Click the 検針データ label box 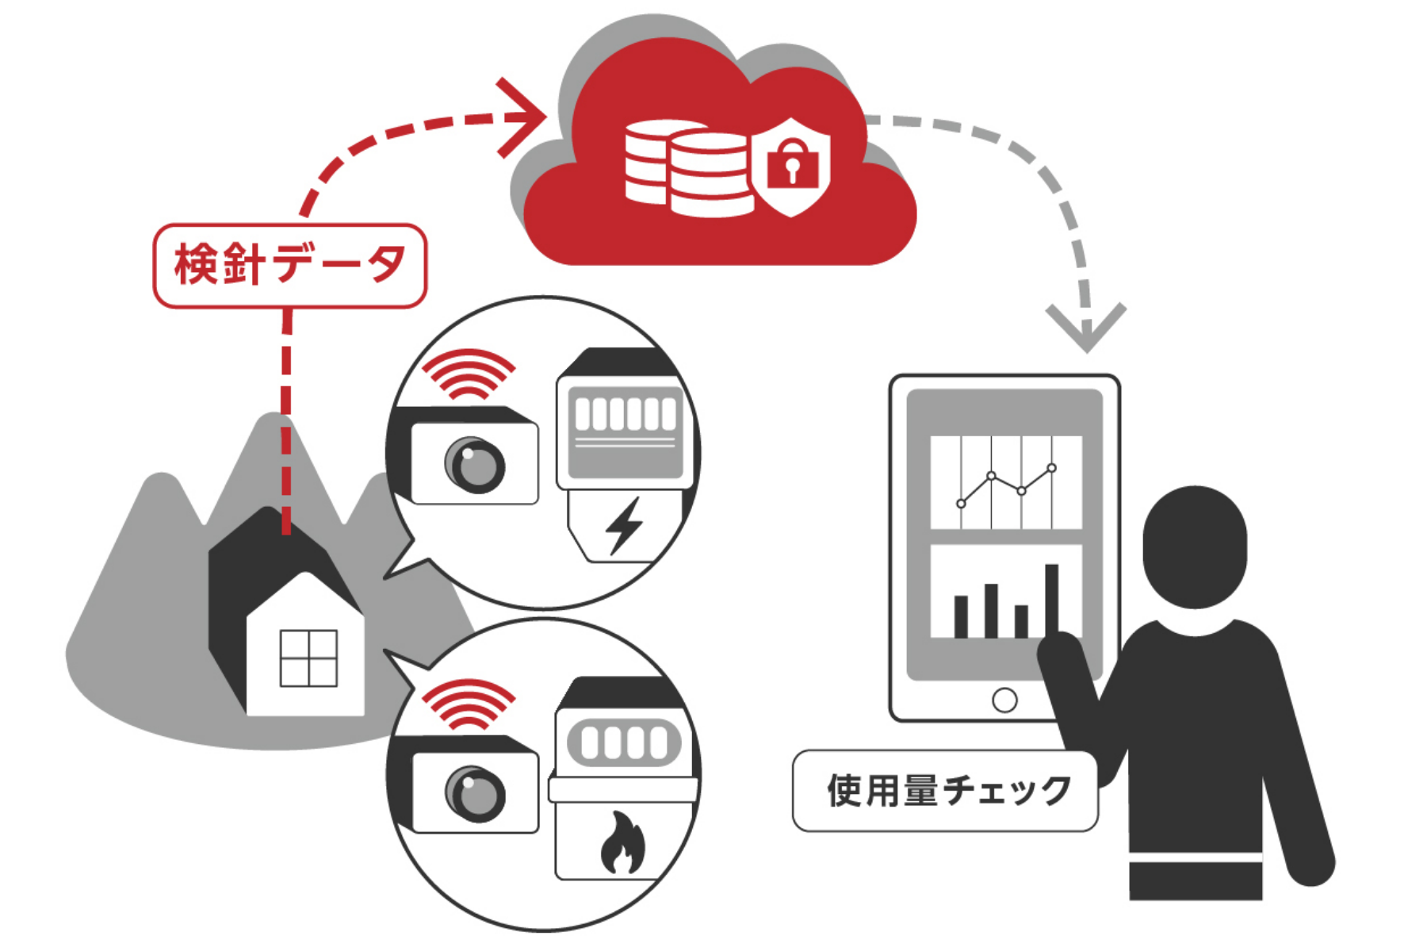tap(289, 266)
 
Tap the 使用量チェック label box tap(945, 791)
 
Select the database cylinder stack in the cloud tap(686, 169)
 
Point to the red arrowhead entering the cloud tap(523, 117)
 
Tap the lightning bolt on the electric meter tap(624, 525)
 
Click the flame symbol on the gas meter tap(622, 842)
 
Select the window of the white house tap(308, 658)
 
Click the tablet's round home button tap(1004, 700)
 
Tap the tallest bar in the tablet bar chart tap(1052, 600)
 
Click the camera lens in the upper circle tap(474, 465)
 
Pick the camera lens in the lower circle tap(474, 793)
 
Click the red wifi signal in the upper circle tap(468, 374)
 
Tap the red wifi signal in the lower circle tap(468, 704)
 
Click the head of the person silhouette tap(1195, 546)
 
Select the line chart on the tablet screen tap(1005, 481)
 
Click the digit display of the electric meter tap(626, 414)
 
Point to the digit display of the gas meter tap(624, 743)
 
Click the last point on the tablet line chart tap(1052, 468)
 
